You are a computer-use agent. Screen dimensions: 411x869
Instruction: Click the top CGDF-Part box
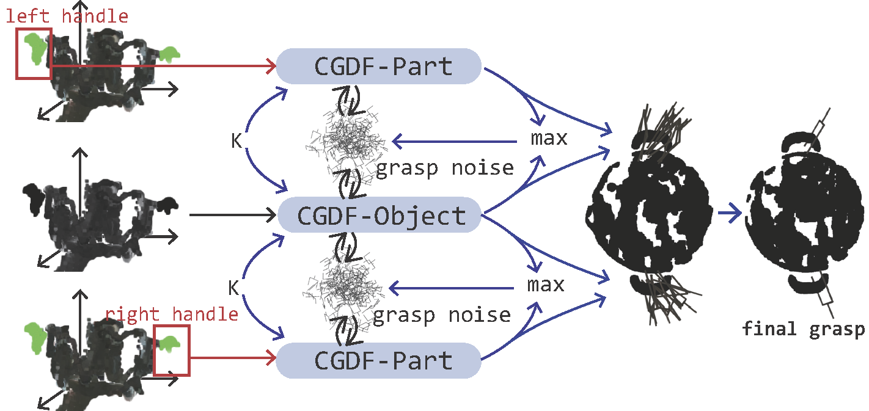380,66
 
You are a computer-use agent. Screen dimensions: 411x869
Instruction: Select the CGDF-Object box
380,215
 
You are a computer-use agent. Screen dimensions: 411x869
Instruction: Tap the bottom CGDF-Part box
380,360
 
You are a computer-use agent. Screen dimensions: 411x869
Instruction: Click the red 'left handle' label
67,16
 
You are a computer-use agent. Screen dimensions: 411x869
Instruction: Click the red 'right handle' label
172,315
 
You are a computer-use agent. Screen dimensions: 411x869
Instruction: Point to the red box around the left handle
34,53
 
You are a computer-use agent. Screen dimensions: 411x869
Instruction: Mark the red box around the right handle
172,351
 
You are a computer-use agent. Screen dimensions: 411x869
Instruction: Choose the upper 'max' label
548,139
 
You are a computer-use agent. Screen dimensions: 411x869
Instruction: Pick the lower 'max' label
546,285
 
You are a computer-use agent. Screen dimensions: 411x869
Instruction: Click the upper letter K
236,141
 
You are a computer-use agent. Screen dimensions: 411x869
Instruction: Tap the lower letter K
233,288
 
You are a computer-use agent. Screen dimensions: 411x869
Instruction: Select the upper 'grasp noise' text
444,167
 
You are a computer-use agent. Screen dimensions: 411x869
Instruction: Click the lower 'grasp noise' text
441,315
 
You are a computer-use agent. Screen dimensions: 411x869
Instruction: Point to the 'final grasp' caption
803,329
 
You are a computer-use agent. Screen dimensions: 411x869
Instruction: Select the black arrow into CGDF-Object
232,215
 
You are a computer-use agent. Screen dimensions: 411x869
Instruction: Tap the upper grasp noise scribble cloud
346,140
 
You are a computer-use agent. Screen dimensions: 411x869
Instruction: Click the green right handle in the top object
169,55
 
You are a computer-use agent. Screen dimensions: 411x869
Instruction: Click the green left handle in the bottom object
35,337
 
